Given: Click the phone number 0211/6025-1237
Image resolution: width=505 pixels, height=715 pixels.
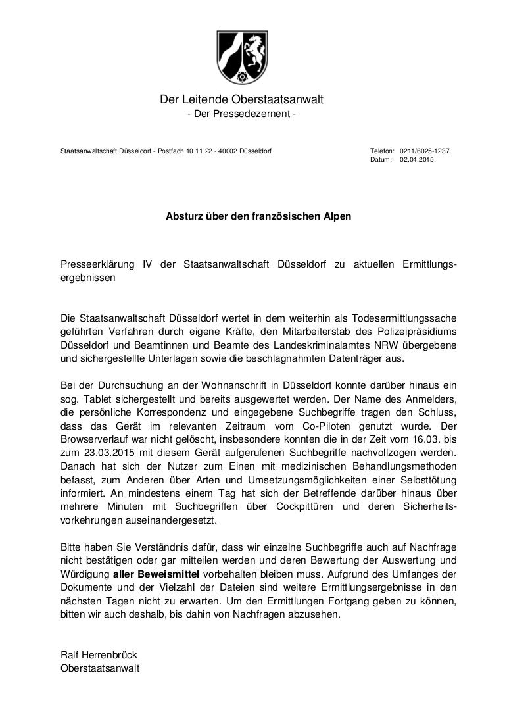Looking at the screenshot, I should (425, 151).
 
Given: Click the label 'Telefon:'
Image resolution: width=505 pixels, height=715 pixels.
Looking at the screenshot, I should (382, 151).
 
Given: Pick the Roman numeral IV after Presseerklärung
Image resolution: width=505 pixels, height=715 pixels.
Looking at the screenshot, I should (148, 264).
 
